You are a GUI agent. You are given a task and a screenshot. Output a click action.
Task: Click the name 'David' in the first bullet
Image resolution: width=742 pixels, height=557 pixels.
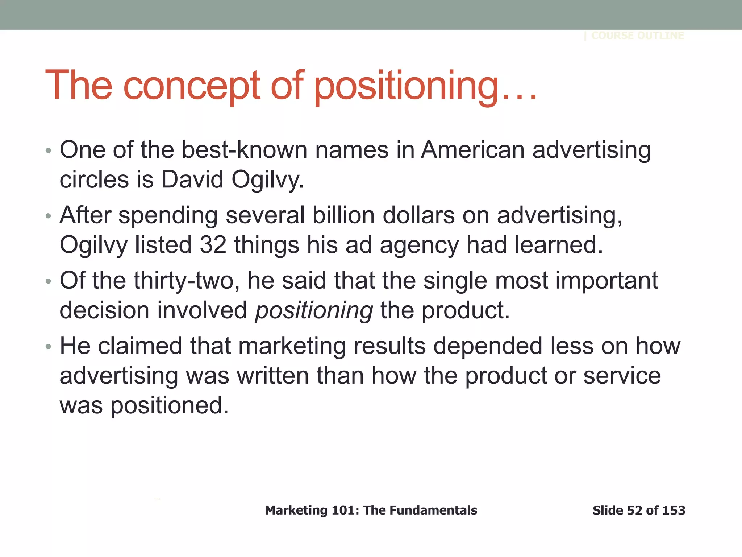192,179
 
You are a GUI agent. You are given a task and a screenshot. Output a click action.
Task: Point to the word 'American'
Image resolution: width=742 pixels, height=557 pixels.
472,150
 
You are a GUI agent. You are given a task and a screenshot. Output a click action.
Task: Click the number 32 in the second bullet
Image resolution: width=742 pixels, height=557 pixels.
213,245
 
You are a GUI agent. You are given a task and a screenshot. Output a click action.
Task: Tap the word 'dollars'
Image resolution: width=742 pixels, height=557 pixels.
418,215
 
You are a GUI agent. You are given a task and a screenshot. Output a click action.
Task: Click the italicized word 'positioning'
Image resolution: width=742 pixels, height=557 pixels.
314,311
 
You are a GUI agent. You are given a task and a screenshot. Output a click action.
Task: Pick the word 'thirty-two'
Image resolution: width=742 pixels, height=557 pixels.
186,281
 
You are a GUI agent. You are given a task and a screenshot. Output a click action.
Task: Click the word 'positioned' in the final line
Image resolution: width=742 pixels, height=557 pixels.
169,405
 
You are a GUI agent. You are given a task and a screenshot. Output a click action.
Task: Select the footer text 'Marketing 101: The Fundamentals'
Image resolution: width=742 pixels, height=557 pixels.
371,510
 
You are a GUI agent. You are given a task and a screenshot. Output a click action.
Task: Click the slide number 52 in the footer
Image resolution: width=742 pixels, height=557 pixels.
634,510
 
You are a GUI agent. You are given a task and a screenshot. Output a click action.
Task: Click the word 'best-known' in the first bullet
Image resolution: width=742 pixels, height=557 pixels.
244,150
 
